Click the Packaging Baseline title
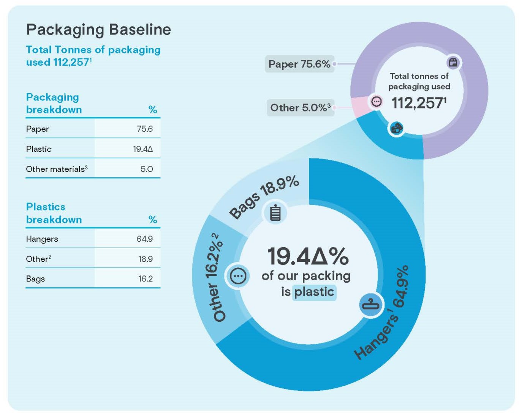click(98, 30)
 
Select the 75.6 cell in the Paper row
click(144, 129)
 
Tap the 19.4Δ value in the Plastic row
click(143, 149)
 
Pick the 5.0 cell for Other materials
click(147, 169)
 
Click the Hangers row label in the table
click(42, 239)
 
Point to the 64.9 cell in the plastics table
click(144, 239)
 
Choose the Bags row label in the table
click(35, 279)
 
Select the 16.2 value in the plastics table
click(145, 279)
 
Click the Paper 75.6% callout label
click(299, 64)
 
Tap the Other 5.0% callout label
click(300, 108)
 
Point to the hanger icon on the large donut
click(370, 304)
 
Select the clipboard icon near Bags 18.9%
click(275, 213)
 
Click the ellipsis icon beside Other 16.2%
click(238, 276)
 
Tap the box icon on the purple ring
click(453, 63)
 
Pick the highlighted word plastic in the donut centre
click(314, 292)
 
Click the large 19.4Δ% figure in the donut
click(308, 256)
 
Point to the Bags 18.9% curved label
click(264, 197)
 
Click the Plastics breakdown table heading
click(54, 213)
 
